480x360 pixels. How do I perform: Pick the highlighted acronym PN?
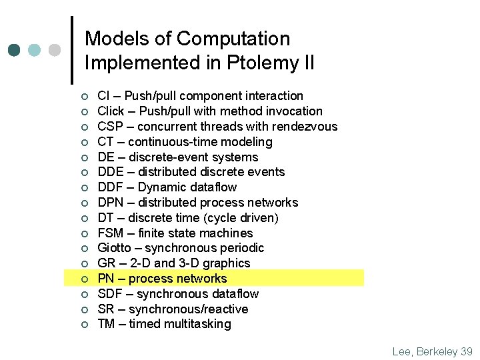click(107, 279)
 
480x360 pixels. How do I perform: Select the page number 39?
click(466, 351)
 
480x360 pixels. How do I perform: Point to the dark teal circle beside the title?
click(15, 50)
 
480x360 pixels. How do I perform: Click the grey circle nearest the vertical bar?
click(54, 50)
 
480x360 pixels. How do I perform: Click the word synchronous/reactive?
click(188, 309)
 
